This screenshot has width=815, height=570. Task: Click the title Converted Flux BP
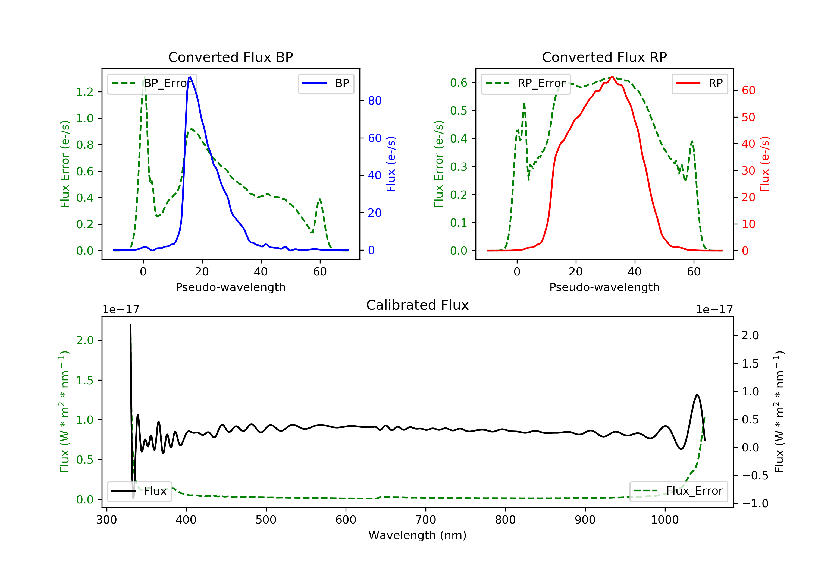[230, 57]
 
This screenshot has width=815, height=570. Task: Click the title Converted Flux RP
[604, 57]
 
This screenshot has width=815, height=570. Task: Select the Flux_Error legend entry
[679, 491]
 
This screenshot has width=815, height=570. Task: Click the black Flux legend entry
[140, 491]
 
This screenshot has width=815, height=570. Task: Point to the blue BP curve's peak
[190, 77]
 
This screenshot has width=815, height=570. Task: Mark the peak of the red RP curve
[612, 77]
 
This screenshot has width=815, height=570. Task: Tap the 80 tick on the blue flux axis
[374, 101]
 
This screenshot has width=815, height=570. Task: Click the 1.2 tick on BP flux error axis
[85, 92]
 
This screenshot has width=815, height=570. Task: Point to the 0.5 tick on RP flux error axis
[459, 111]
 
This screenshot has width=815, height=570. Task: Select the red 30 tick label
[748, 171]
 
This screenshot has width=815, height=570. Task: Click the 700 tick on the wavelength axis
[426, 520]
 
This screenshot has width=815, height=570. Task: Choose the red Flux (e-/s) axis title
[764, 164]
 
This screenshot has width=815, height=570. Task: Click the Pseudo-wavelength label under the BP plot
[230, 287]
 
